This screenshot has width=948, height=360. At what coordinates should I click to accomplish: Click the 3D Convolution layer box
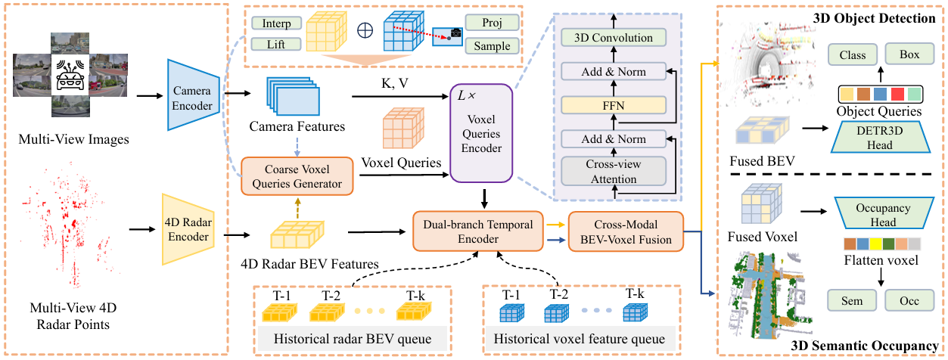click(613, 38)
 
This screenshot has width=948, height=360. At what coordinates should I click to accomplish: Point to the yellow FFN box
click(613, 105)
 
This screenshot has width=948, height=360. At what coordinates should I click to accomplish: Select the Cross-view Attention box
click(613, 172)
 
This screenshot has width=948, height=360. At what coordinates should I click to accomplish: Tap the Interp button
click(276, 23)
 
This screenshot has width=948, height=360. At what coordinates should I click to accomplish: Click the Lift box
click(276, 46)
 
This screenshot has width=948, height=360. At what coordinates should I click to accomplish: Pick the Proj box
click(491, 23)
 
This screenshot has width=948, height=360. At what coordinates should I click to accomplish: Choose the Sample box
click(491, 46)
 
